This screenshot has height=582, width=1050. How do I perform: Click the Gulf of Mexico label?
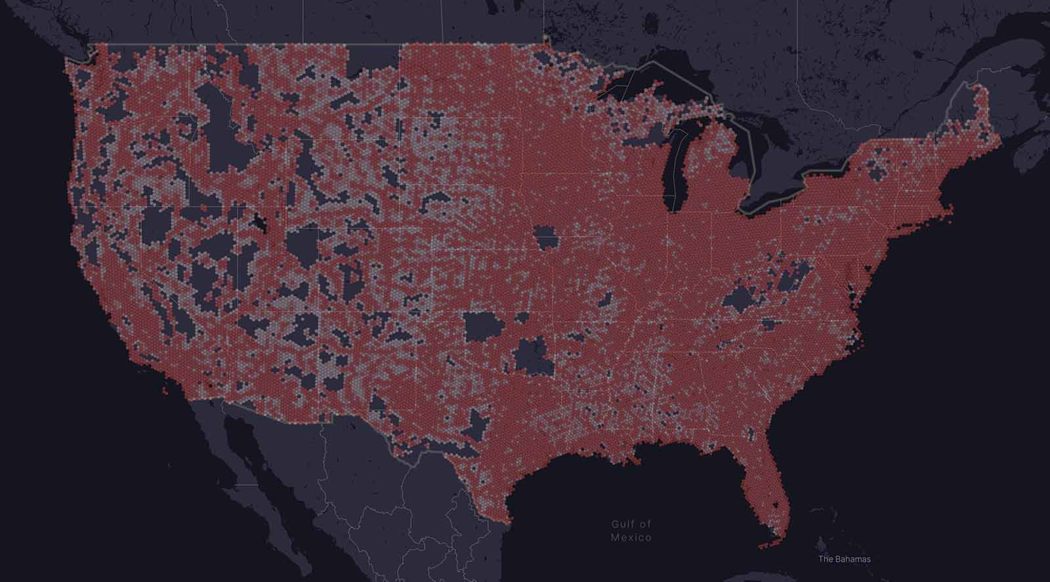(x=631, y=530)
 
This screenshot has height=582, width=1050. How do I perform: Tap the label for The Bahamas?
(x=845, y=559)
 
